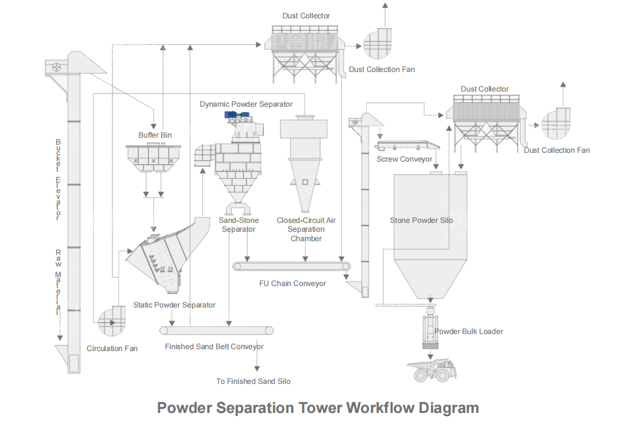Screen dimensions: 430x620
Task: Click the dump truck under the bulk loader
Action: (x=432, y=370)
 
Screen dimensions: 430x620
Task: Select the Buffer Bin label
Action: (x=155, y=135)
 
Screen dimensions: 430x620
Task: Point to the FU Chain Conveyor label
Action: (x=293, y=284)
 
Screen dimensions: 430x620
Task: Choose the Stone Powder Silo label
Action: (x=421, y=220)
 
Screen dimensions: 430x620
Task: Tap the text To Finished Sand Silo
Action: (x=253, y=381)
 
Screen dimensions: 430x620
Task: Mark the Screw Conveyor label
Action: (x=404, y=159)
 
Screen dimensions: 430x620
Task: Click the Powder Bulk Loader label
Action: (x=468, y=331)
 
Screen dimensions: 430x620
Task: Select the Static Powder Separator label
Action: (x=174, y=305)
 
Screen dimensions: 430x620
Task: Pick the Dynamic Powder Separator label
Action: (x=246, y=104)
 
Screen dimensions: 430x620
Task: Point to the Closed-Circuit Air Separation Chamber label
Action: (x=306, y=229)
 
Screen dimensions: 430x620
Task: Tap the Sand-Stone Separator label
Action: (x=238, y=225)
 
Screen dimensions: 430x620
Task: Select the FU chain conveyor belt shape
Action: (x=291, y=266)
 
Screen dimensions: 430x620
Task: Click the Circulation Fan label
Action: (x=112, y=349)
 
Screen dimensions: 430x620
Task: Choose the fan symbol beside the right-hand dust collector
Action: (x=556, y=125)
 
